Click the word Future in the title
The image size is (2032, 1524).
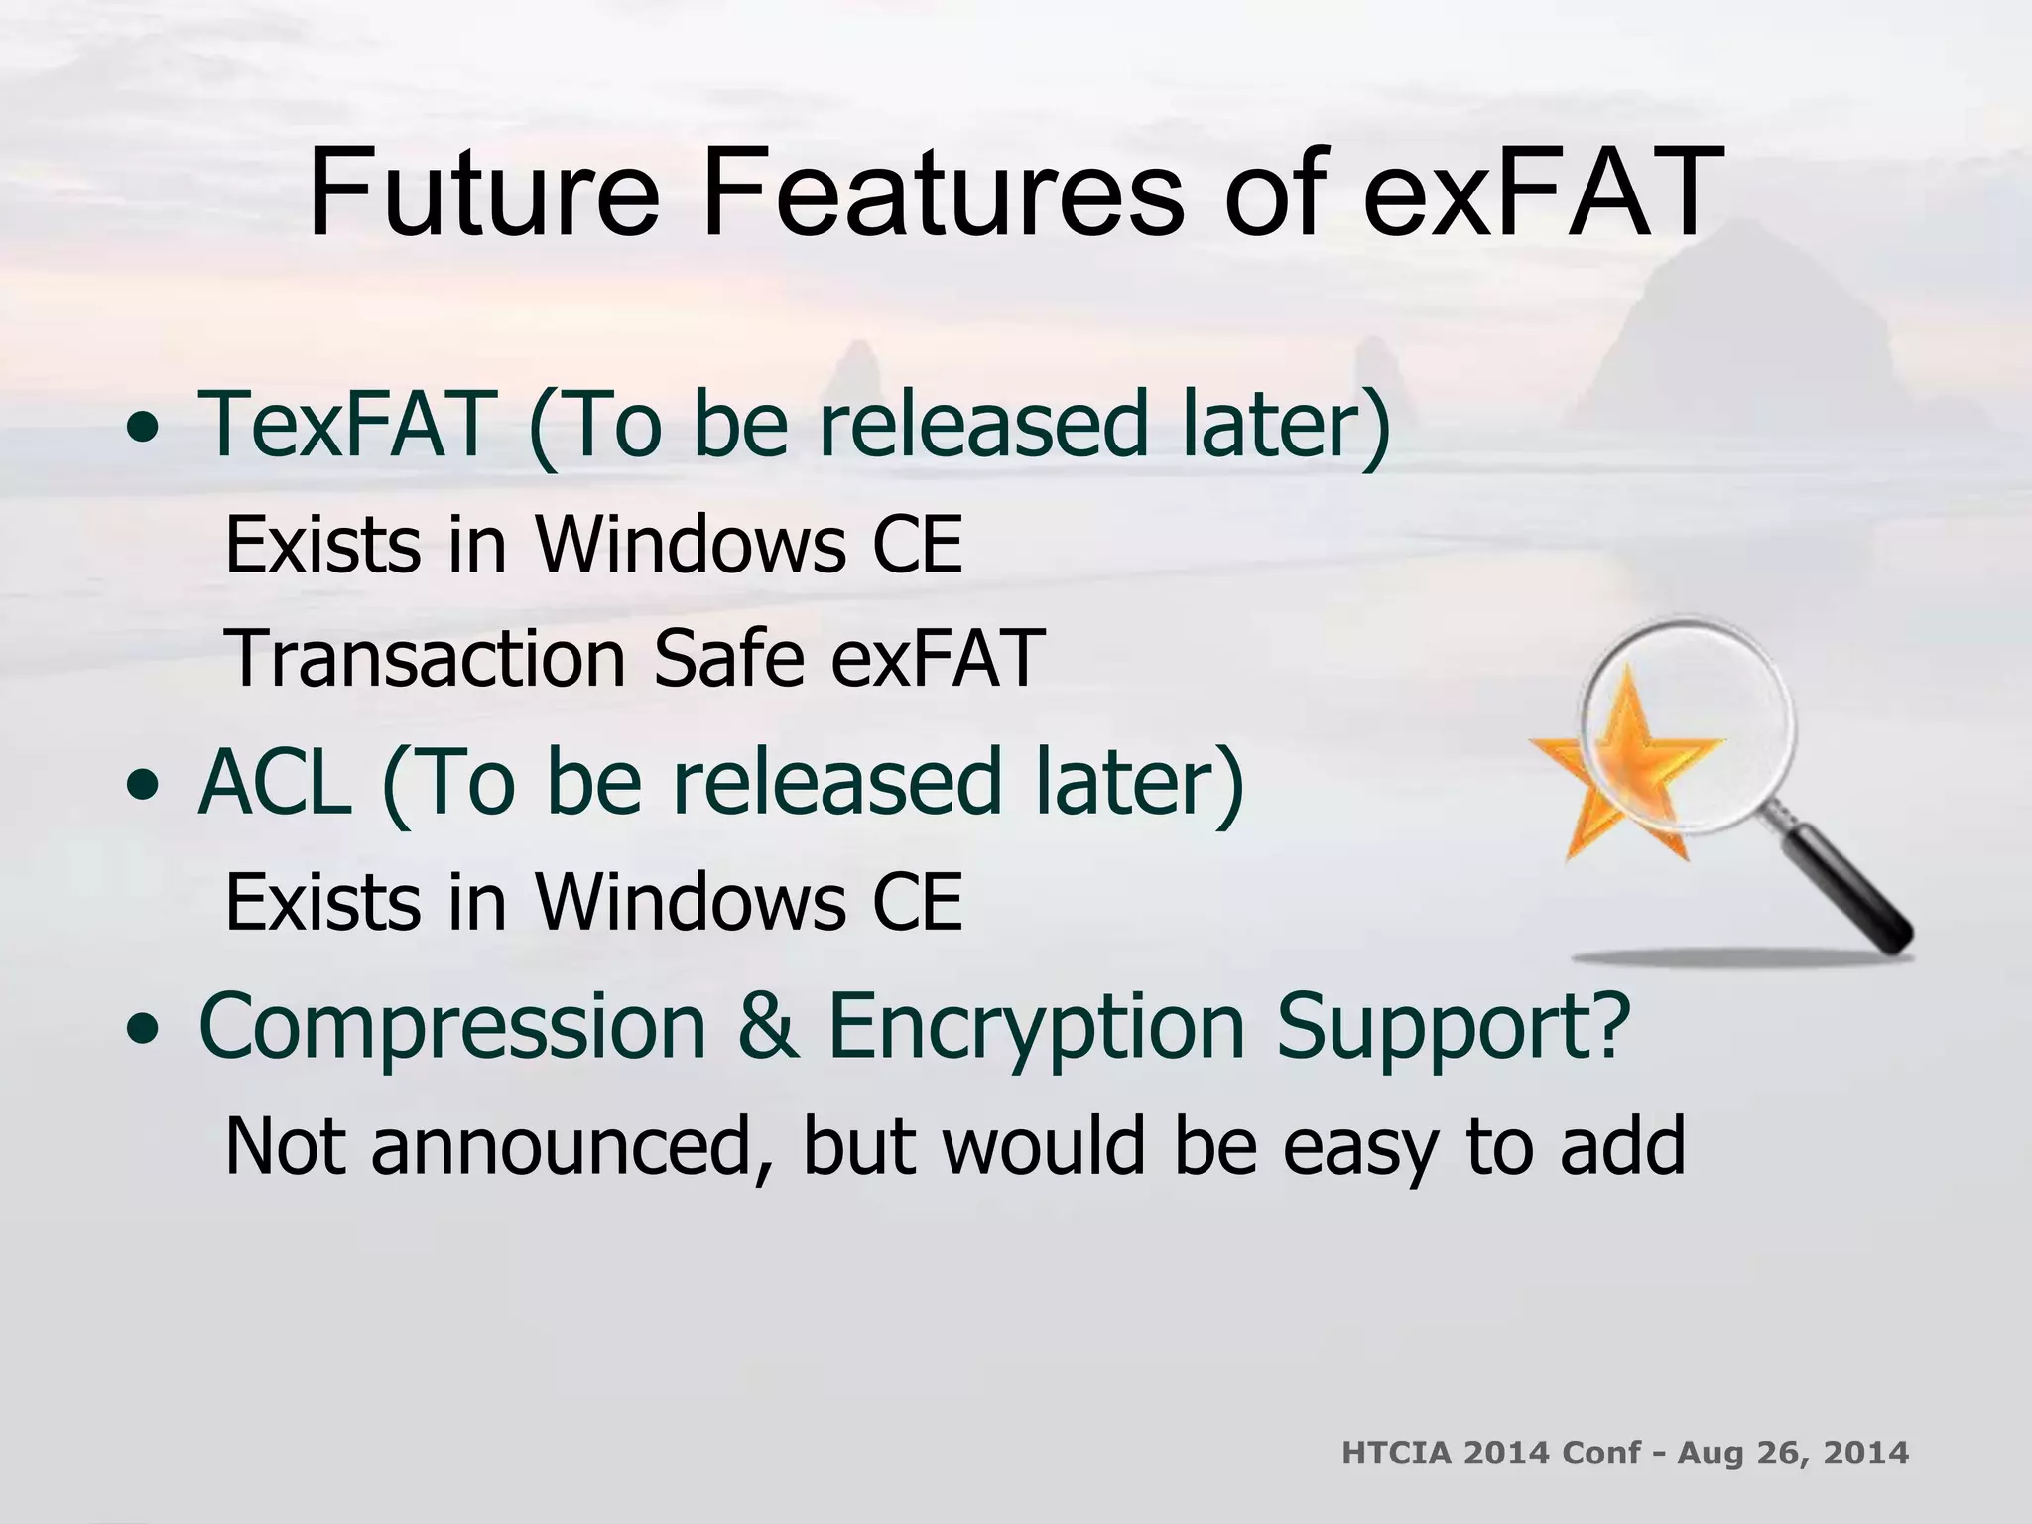click(483, 193)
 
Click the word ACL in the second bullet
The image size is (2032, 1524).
click(275, 783)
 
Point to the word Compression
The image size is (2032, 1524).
click(452, 1027)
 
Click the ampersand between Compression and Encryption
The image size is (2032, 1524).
click(767, 1027)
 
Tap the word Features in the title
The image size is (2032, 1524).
click(943, 193)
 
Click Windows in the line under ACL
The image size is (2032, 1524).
click(691, 902)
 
